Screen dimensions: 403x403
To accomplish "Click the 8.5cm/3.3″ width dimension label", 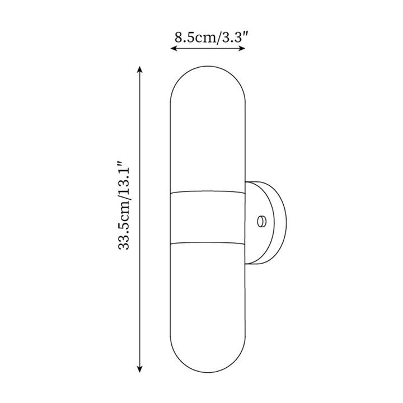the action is tap(208, 38).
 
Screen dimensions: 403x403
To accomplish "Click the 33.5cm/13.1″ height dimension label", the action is tap(123, 205).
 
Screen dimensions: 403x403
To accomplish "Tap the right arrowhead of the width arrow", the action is tap(242, 48).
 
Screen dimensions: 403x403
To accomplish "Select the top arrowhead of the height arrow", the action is tap(139, 69).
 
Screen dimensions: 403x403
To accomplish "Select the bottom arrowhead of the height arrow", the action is tap(139, 369).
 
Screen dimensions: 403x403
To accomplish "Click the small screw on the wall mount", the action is tap(261, 222).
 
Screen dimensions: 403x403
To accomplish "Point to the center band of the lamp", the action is tap(208, 217).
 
